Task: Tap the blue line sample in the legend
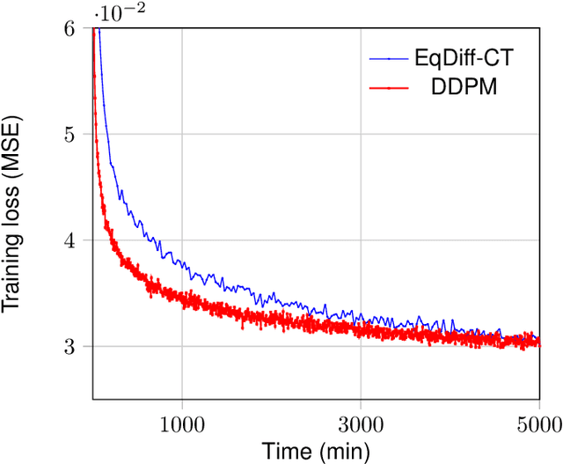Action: [390, 60]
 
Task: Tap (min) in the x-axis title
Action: [340, 450]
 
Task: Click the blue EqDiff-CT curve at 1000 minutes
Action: [181, 261]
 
